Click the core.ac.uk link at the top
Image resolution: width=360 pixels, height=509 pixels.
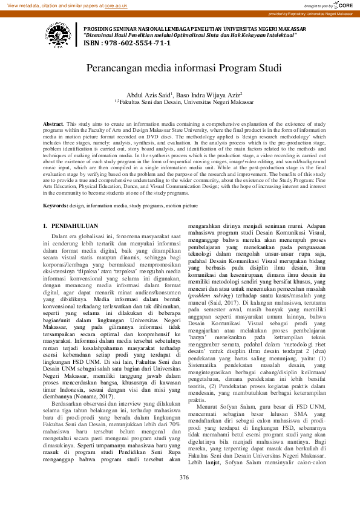pyautogui.click(x=116, y=5)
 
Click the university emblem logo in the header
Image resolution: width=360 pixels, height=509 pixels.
pyautogui.click(x=56, y=34)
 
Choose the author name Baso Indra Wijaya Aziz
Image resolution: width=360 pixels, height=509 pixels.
pyautogui.click(x=211, y=95)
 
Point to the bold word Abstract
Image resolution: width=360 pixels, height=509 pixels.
pyautogui.click(x=53, y=123)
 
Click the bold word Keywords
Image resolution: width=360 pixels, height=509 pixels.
pyautogui.click(x=54, y=206)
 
